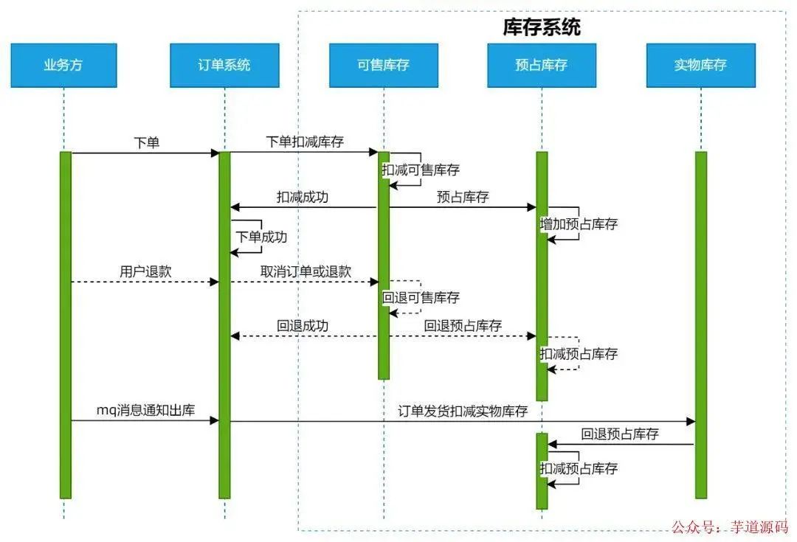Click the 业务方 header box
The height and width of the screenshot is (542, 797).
point(63,65)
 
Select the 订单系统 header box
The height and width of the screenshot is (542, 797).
point(224,65)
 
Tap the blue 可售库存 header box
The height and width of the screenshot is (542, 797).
point(383,65)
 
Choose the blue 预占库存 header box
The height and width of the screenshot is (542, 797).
point(542,65)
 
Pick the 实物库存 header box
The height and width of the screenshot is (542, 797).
point(700,65)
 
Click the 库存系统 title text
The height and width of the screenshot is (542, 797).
point(542,28)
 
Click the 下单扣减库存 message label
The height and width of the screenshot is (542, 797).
point(305,142)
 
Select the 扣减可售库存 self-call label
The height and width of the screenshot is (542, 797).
point(421,170)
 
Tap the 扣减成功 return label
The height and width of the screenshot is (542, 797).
point(303,198)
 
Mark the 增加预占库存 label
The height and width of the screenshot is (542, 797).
point(579,224)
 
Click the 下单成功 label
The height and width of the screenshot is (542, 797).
point(261,237)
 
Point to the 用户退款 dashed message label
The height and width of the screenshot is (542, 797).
point(145,271)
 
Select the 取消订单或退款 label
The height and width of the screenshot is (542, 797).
point(306,271)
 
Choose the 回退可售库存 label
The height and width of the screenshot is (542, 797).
point(421,298)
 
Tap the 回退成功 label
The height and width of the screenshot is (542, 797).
point(303,326)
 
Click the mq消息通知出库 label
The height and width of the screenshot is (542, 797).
point(145,411)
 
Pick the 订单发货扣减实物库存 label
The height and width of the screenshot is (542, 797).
point(463,411)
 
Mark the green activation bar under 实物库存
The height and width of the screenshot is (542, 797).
point(700,324)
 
